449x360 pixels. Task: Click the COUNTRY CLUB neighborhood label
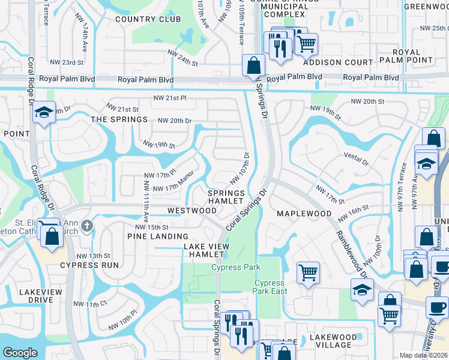click(139, 19)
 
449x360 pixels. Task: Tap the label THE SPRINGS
click(119, 119)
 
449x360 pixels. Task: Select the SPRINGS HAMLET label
click(226, 197)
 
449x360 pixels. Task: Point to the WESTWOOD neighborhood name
click(192, 211)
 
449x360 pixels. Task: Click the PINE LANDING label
click(158, 237)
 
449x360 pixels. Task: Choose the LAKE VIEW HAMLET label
click(208, 250)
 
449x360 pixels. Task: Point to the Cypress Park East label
click(270, 287)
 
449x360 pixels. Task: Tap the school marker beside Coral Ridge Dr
click(44, 113)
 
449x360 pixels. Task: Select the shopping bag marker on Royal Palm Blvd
click(253, 64)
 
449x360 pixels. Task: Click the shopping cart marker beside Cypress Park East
click(308, 272)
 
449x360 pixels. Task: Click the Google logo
click(20, 353)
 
